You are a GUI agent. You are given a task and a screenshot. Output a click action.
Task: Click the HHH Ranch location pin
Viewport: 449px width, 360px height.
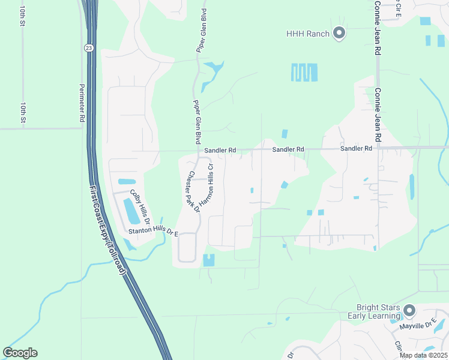click(339, 34)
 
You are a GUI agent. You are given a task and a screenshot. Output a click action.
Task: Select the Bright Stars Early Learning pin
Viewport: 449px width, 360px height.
click(409, 310)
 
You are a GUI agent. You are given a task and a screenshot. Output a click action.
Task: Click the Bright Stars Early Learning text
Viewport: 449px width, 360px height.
click(374, 311)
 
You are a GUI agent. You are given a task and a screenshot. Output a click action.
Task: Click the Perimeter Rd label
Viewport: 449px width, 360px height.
click(82, 104)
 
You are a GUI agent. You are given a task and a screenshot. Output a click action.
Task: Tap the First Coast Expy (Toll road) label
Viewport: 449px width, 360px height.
click(108, 230)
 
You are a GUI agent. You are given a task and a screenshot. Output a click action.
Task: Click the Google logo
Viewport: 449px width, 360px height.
click(20, 353)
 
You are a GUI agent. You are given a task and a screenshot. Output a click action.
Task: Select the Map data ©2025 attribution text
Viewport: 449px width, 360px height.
click(423, 355)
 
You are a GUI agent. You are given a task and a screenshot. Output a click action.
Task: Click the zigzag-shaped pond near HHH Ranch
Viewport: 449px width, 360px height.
click(304, 73)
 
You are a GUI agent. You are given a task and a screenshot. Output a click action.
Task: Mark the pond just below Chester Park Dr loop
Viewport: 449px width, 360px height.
click(209, 260)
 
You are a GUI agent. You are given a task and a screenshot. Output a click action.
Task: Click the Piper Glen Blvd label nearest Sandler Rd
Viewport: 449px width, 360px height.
click(196, 122)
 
